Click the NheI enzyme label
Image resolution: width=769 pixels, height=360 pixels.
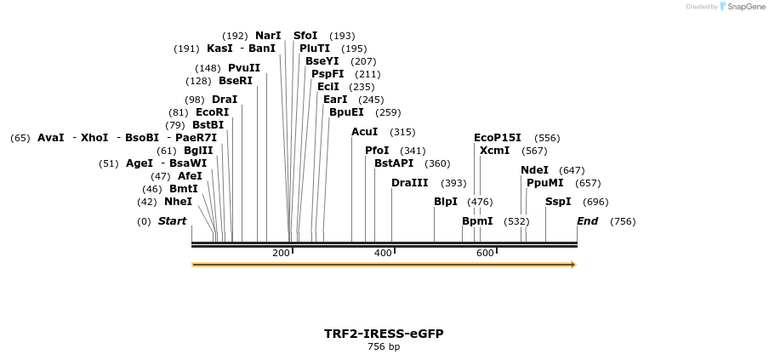[x=178, y=202]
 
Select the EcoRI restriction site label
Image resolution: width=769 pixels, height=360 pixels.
[x=212, y=112]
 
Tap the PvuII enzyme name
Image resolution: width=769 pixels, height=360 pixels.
[x=244, y=68]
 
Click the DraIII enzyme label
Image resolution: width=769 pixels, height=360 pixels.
[x=410, y=183]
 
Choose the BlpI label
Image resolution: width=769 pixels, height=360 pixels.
[x=446, y=202]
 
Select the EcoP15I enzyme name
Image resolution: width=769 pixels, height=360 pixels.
[x=498, y=138]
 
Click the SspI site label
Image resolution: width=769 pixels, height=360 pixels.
[x=558, y=202]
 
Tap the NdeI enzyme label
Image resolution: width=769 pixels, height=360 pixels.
[x=534, y=170]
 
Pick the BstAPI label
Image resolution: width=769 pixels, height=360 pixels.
[x=394, y=163]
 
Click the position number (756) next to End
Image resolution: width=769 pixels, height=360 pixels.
[x=623, y=221]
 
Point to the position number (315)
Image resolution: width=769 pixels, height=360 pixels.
[x=402, y=132]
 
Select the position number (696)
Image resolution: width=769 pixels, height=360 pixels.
[x=595, y=202]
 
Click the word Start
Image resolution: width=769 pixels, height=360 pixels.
[x=172, y=221]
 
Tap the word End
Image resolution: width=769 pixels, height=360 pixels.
[x=587, y=221]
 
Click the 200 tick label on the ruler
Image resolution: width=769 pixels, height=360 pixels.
[x=281, y=253]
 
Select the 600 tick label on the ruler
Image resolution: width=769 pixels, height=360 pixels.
[x=485, y=253]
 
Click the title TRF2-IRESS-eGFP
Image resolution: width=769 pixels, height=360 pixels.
[x=384, y=334]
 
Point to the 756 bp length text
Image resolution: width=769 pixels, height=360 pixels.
[x=384, y=347]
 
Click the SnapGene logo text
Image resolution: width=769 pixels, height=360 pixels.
[x=746, y=7]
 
